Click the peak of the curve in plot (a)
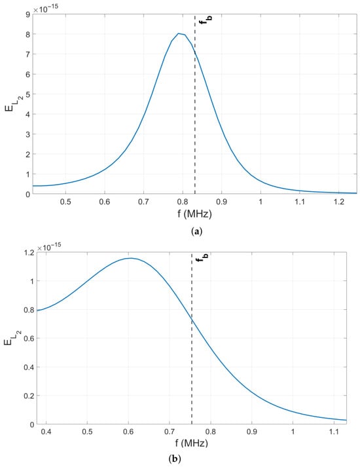[179, 33]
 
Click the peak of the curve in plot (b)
[130, 258]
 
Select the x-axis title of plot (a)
[194, 214]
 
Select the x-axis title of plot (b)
[191, 443]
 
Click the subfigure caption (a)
[197, 231]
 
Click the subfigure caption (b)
[174, 459]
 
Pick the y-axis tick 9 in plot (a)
[28, 14]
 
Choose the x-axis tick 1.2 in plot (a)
[338, 202]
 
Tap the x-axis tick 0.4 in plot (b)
[46, 432]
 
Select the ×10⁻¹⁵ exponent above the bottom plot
[49, 246]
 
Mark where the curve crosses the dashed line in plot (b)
[192, 320]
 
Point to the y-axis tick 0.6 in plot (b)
[29, 338]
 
